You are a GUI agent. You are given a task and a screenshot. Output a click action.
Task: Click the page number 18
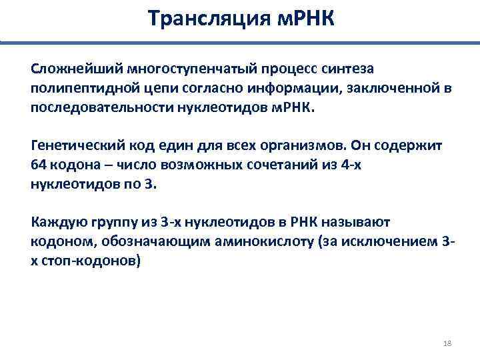pyautogui.click(x=447, y=343)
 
